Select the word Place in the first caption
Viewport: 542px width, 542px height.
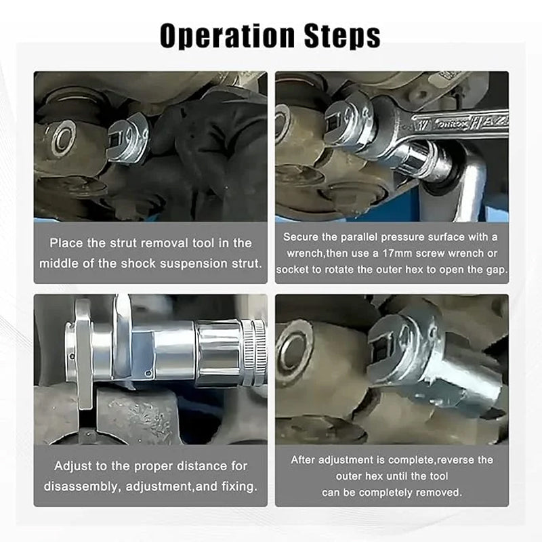tap(70, 243)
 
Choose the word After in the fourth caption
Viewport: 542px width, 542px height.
tap(305, 460)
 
